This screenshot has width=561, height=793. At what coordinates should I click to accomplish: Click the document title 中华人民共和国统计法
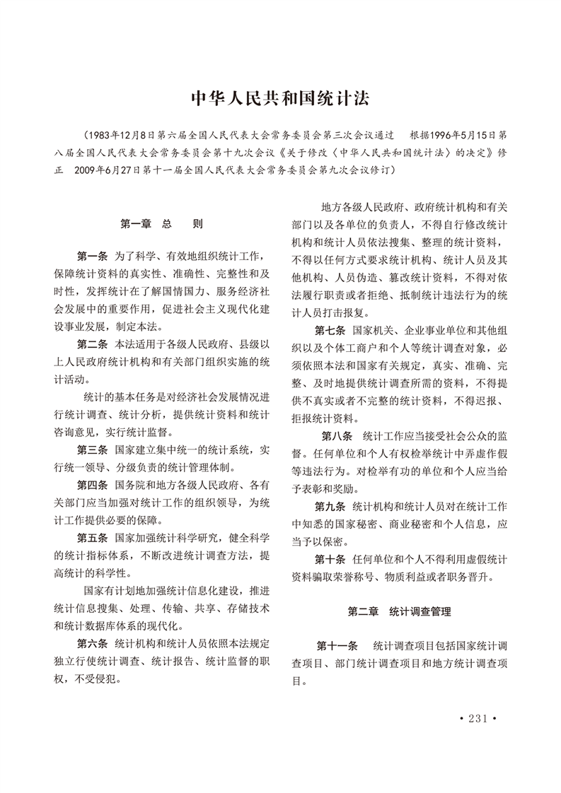click(x=281, y=98)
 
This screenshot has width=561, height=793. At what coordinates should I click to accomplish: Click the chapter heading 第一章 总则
click(x=161, y=224)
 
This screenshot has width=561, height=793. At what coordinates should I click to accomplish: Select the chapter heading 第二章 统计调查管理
click(x=399, y=611)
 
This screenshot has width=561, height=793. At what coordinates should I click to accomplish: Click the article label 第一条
click(x=91, y=255)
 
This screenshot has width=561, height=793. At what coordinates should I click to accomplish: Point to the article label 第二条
click(x=91, y=344)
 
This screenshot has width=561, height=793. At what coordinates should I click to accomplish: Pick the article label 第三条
click(x=91, y=450)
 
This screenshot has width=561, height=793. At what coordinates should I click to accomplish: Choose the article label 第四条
click(x=91, y=485)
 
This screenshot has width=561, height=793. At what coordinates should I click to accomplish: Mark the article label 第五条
click(x=91, y=537)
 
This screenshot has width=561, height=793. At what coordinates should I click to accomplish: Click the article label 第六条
click(x=91, y=643)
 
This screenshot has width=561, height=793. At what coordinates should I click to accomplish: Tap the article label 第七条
click(x=330, y=330)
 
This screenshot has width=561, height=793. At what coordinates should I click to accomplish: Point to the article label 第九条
click(x=330, y=507)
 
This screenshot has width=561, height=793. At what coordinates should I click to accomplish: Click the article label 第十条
click(x=330, y=559)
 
